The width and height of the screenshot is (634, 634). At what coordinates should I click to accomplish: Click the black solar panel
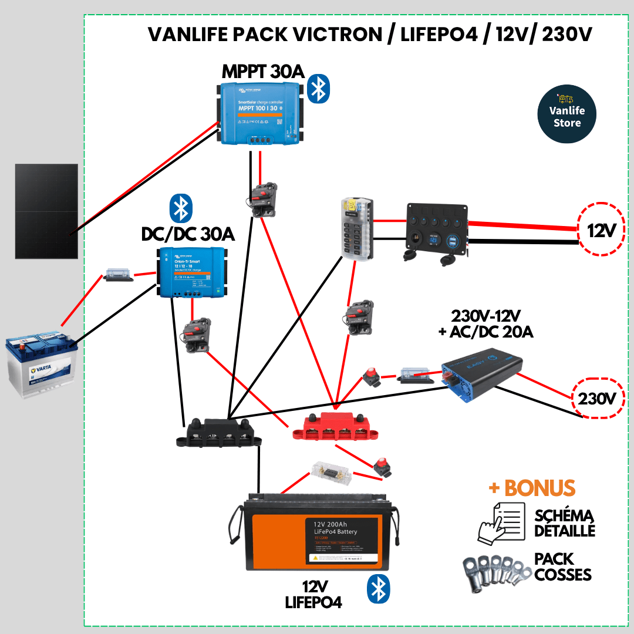(46, 211)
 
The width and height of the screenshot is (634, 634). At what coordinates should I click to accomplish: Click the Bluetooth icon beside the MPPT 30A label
(319, 89)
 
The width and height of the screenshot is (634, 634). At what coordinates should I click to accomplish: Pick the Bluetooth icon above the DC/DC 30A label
(181, 208)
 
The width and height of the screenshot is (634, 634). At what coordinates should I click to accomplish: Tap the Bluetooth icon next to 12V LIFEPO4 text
(379, 589)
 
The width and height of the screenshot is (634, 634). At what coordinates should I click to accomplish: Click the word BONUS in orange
(539, 488)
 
